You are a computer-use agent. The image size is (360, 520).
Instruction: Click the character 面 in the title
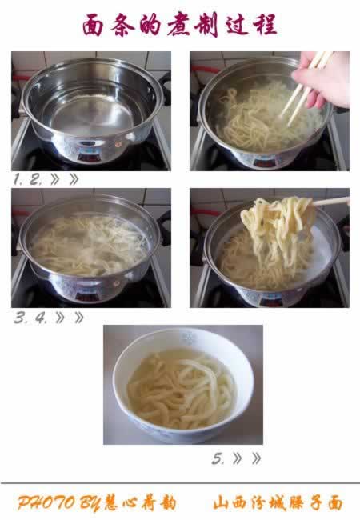(x=93, y=25)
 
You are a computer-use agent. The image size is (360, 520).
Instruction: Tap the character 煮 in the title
(x=179, y=24)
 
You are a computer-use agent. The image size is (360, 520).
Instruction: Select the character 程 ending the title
(x=266, y=25)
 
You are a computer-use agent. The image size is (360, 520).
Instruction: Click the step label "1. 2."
(x=28, y=180)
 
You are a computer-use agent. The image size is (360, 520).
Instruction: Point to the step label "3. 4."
(x=30, y=318)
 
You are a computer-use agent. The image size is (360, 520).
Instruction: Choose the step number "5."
(x=218, y=459)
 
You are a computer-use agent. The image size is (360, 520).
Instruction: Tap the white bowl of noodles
(x=183, y=385)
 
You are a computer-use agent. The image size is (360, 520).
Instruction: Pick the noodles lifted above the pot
(x=278, y=229)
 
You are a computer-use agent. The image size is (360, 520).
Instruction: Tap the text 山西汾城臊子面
(x=278, y=503)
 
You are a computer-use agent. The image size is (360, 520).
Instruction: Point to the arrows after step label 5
(x=247, y=459)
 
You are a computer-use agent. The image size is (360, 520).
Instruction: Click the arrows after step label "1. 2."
(x=65, y=180)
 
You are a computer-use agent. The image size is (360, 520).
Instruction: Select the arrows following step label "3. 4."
(x=70, y=318)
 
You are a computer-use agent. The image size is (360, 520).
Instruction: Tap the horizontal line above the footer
(x=180, y=483)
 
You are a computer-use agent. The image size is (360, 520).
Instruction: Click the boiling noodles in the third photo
(x=89, y=246)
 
